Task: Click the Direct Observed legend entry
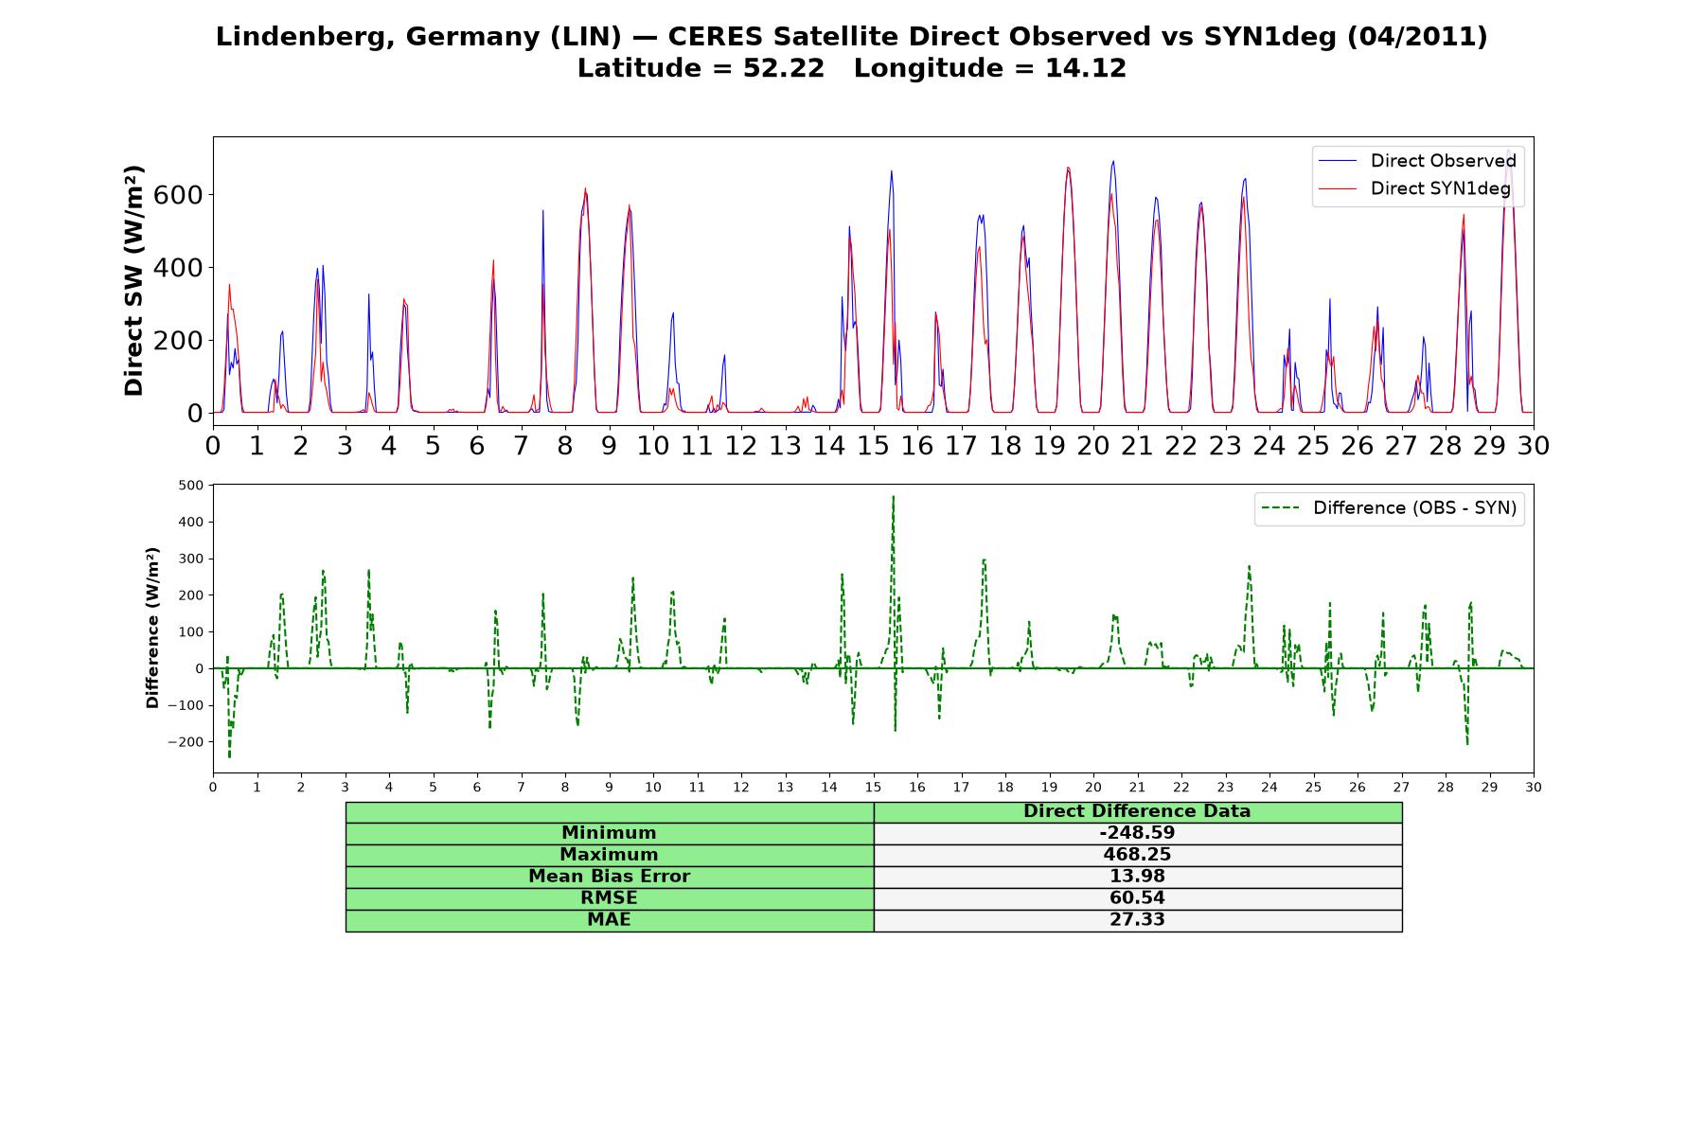click(1417, 161)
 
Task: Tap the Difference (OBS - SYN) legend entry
click(1389, 508)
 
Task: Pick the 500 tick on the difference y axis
click(191, 486)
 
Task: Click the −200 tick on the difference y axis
click(186, 742)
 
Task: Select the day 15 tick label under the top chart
click(873, 445)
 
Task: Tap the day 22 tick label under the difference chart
click(1181, 788)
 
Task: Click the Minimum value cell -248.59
click(1137, 833)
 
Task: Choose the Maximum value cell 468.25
click(1137, 855)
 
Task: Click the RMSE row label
click(609, 898)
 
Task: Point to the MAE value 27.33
click(1137, 920)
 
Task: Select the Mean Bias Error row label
click(609, 877)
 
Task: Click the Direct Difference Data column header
click(1137, 811)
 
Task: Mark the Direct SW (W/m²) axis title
click(133, 280)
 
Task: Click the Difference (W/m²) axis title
click(152, 628)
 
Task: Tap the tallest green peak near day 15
click(893, 496)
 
